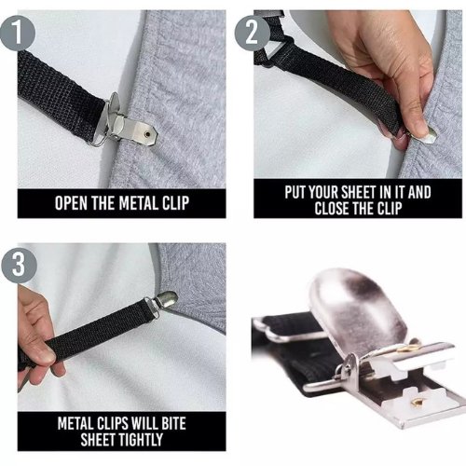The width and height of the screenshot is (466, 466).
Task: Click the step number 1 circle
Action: (x=17, y=33)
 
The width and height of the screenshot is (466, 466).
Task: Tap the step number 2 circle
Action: (x=252, y=33)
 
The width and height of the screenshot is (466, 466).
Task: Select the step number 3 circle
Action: (x=19, y=265)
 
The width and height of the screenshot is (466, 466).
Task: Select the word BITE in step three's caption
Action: (x=173, y=423)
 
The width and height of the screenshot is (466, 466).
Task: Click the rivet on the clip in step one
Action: (x=147, y=134)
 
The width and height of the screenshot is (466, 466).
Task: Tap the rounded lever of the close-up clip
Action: (x=357, y=309)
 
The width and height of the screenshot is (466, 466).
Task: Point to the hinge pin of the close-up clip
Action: (x=348, y=366)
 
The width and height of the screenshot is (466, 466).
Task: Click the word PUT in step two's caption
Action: (x=295, y=192)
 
